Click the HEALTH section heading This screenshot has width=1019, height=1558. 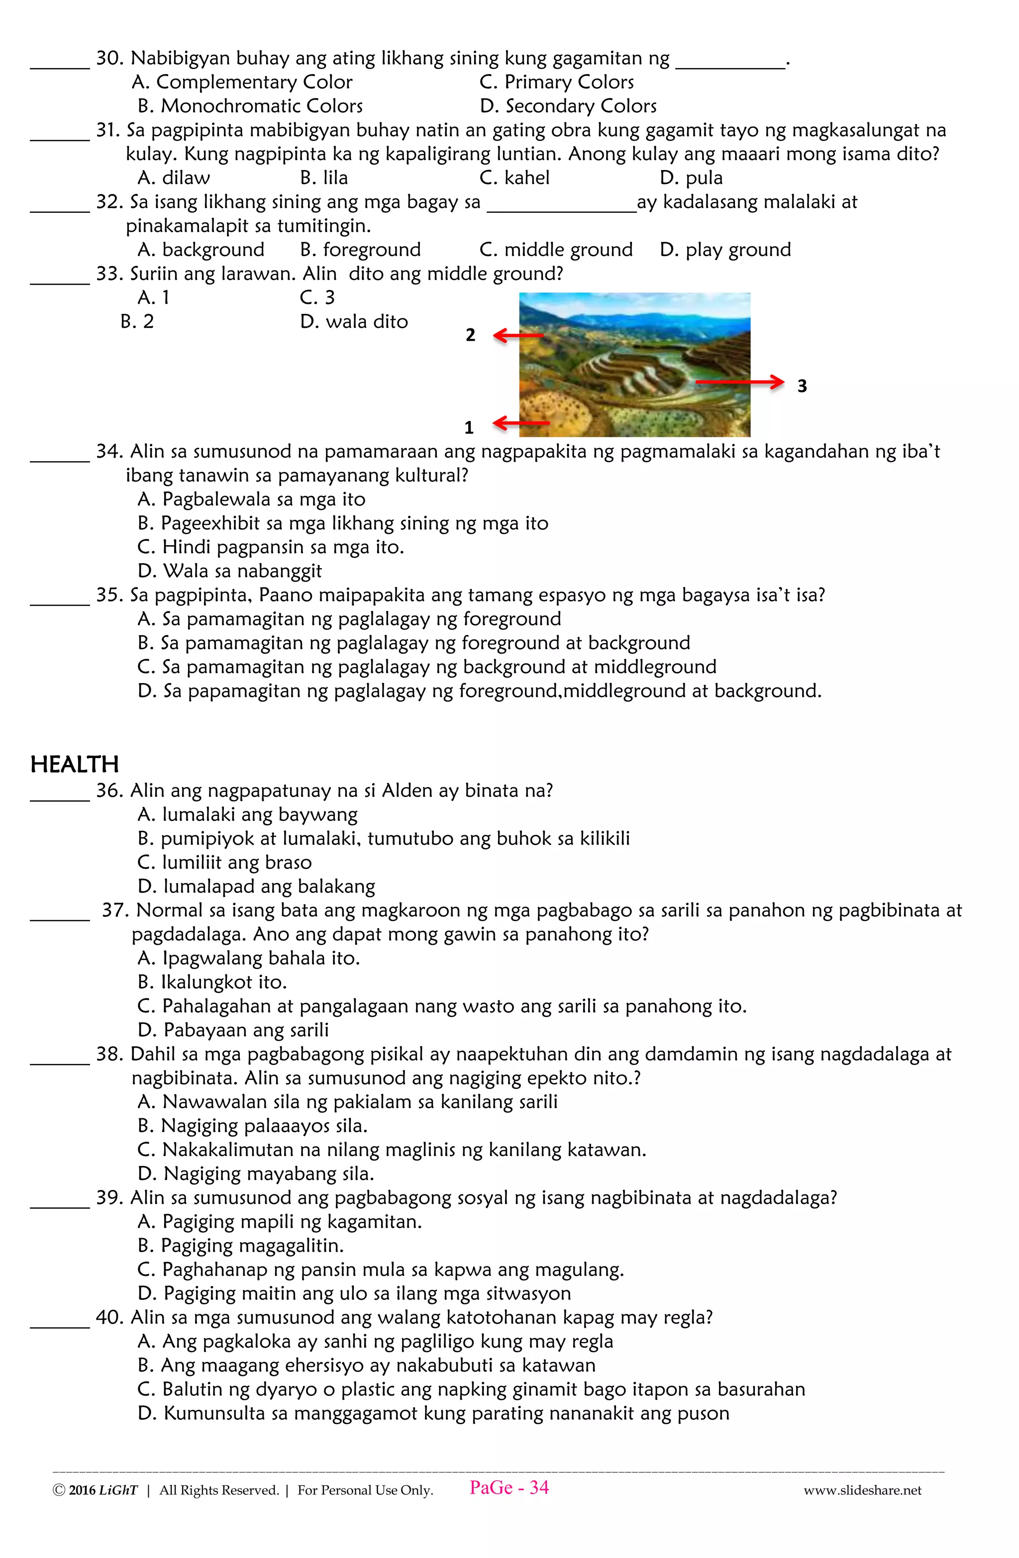tap(74, 765)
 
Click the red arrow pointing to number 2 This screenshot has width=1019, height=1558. tap(518, 336)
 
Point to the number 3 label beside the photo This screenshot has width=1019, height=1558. tap(802, 386)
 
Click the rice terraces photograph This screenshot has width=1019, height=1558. tap(634, 364)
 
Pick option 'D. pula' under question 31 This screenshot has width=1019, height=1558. tap(691, 178)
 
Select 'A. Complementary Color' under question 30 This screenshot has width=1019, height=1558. tap(242, 83)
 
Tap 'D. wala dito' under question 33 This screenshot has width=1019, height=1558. tap(354, 321)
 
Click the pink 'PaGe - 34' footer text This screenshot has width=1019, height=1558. tap(509, 1488)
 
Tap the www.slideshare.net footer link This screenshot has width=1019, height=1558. tap(862, 1490)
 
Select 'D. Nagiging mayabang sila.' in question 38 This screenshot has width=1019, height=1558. tap(255, 1174)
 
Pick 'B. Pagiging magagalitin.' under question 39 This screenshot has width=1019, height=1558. tap(240, 1246)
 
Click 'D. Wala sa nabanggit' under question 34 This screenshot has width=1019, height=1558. tap(230, 571)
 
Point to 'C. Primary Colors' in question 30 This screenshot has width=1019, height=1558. tap(557, 83)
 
